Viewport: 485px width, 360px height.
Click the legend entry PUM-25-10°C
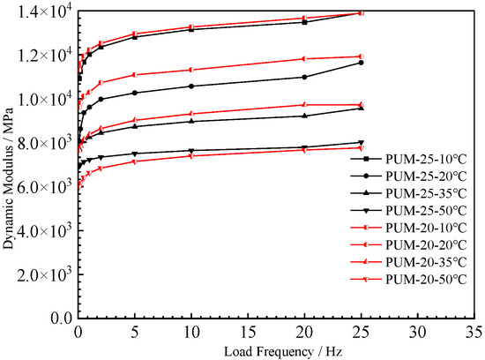pyautogui.click(x=420, y=160)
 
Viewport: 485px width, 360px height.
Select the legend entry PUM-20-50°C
pyautogui.click(x=420, y=279)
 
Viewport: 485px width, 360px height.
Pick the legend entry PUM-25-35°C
pyautogui.click(x=420, y=194)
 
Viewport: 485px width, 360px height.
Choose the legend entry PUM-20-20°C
pyautogui.click(x=420, y=245)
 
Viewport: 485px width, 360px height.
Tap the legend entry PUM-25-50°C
pyautogui.click(x=420, y=211)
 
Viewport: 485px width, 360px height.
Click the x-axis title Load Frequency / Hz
pyautogui.click(x=277, y=350)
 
